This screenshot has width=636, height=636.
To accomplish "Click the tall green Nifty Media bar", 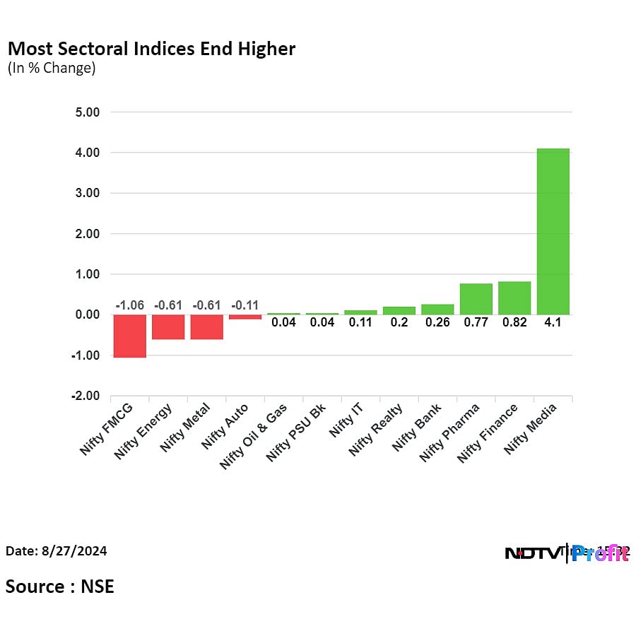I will pos(553,231).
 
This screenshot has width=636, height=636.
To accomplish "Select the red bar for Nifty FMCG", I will pos(129,336).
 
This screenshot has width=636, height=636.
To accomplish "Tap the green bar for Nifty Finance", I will pos(514,298).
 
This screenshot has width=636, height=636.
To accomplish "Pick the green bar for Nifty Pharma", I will pos(476,299).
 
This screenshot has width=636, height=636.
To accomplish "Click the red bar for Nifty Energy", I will pos(168,326).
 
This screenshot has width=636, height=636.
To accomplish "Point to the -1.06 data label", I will pos(129,305).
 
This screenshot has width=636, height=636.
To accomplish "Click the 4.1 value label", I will pos(553,322).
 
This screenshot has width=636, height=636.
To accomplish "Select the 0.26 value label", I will pos(437,322).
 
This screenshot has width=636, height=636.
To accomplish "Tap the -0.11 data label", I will pos(245,305).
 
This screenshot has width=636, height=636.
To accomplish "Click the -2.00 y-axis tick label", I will pos(85,396).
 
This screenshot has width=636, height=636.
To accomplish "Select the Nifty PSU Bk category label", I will pos(295,432).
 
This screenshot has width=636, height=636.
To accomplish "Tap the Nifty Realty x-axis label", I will pos(376,429).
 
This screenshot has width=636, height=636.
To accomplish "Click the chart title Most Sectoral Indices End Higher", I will pos(151,49).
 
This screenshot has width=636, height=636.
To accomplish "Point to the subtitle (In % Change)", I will pos(51,69).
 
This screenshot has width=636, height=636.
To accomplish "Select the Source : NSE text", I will pos(60,586).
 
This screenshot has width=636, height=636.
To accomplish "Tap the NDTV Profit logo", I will pos(567,553).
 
